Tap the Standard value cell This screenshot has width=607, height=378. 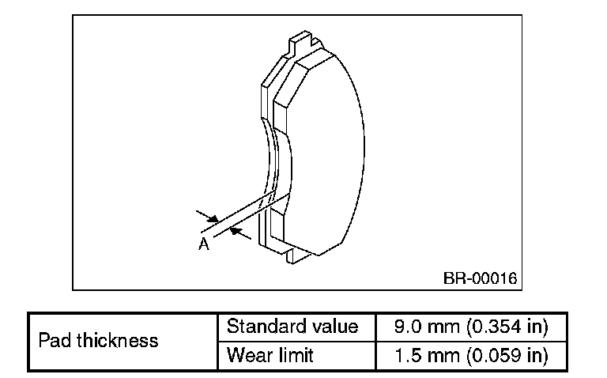(292, 327)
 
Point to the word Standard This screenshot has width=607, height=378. (264, 327)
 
